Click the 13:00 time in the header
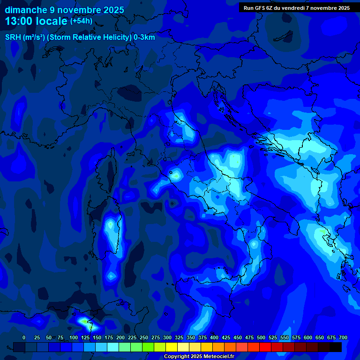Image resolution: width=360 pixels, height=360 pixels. pyautogui.click(x=20, y=21)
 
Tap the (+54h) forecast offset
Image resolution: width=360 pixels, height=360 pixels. pyautogui.click(x=81, y=21)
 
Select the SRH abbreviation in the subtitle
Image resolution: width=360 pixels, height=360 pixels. pyautogui.click(x=13, y=37)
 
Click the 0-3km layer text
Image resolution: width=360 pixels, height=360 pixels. pyautogui.click(x=144, y=37)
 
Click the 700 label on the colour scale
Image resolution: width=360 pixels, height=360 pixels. pyautogui.click(x=343, y=337)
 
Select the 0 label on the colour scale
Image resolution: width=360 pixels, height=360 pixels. pyautogui.click(x=24, y=337)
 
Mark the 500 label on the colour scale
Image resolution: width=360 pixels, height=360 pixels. pyautogui.click(x=249, y=337)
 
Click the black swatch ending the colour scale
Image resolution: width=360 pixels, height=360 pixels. pyautogui.click(x=335, y=347)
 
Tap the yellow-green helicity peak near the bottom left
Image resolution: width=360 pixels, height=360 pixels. pyautogui.click(x=84, y=322)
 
